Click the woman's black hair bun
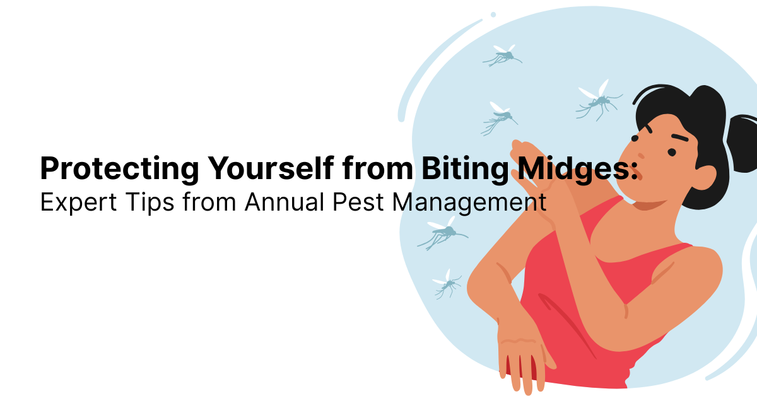click(741, 135)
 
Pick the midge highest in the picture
click(503, 56)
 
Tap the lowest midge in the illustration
click(449, 284)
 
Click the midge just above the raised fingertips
click(500, 118)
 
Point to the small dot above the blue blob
click(493, 15)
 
